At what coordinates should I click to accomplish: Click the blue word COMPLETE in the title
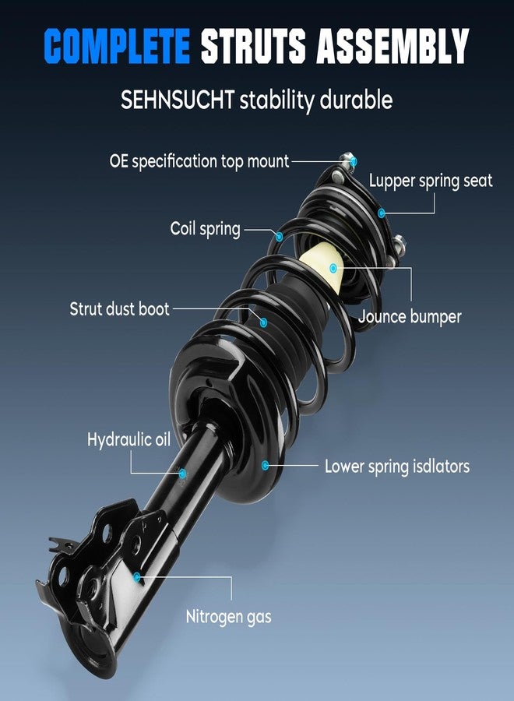pos(117,46)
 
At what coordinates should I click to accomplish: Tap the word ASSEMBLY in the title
pos(393,46)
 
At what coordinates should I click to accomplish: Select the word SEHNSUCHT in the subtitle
pos(178,100)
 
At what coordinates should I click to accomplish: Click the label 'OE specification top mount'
pos(199,161)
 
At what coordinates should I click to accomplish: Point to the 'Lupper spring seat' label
pos(431,181)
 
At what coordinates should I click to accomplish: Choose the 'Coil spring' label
pos(205,229)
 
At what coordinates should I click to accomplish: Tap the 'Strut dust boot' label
pos(119,309)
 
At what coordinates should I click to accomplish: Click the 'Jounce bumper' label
pos(410,316)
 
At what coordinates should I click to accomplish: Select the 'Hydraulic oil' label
pos(128,439)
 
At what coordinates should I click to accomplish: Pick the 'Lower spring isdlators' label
pos(397,467)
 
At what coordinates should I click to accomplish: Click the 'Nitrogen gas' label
pos(228,617)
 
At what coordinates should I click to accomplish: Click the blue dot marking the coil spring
pos(279,237)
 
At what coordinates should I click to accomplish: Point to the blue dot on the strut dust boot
pos(263,322)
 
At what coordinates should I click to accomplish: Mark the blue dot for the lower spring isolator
pos(265,466)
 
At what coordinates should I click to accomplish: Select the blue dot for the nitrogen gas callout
pos(137,577)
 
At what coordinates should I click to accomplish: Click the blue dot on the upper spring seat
pos(382,213)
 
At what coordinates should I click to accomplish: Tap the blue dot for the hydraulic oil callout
pos(182,473)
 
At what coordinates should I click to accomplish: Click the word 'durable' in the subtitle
pos(356,99)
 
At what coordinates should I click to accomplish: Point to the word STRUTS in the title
pos(253,46)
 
